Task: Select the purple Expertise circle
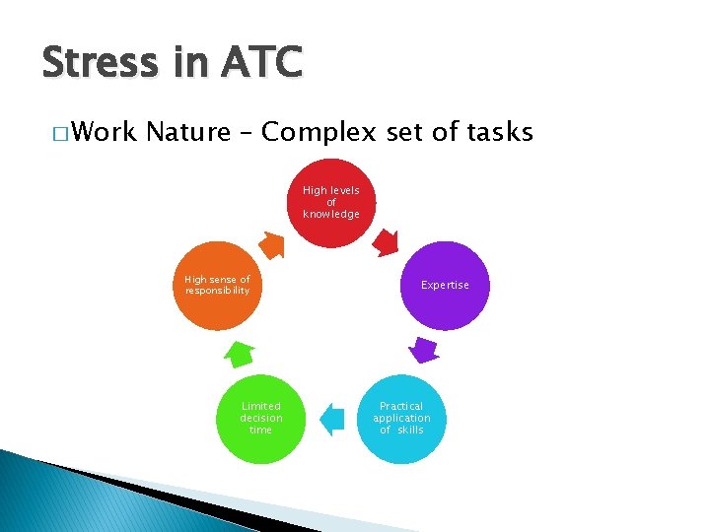pyautogui.click(x=445, y=285)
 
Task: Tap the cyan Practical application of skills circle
pyautogui.click(x=401, y=418)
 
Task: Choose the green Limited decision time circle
pyautogui.click(x=261, y=418)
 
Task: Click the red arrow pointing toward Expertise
pyautogui.click(x=387, y=241)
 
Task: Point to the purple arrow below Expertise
pyautogui.click(x=423, y=349)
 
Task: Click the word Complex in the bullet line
pyautogui.click(x=319, y=131)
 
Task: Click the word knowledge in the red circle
pyautogui.click(x=331, y=214)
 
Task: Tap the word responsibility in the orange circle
pyautogui.click(x=218, y=291)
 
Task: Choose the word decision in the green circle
pyautogui.click(x=261, y=418)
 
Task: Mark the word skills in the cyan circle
pyautogui.click(x=410, y=430)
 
